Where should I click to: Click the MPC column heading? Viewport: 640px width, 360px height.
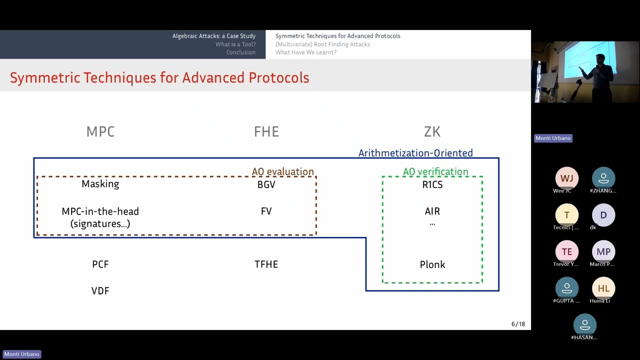[100, 131]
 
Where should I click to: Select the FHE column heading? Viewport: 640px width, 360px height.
[266, 131]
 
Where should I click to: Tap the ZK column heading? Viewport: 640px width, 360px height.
[432, 131]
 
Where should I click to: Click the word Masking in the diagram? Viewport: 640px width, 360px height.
[100, 184]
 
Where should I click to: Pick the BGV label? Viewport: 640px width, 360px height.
[266, 184]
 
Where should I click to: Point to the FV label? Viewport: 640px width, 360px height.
[266, 211]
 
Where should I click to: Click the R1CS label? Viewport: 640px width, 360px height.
[432, 184]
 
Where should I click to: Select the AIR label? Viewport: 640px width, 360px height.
[432, 211]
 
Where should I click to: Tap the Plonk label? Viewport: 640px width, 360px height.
[432, 264]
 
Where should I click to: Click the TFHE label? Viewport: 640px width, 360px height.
[266, 264]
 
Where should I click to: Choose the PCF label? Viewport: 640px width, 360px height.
[100, 264]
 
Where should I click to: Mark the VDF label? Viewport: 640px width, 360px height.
[100, 290]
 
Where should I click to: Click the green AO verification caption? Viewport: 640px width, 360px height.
[435, 171]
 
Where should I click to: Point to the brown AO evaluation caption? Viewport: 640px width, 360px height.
[283, 171]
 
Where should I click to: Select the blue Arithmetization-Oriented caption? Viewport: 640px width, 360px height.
[415, 153]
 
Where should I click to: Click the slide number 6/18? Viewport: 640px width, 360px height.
[518, 324]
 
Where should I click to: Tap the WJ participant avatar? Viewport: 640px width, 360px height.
[566, 178]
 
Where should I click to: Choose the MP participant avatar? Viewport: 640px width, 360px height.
[603, 251]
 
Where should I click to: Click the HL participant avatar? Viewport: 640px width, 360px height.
[603, 288]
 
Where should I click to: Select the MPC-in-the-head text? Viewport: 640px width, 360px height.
[100, 211]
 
